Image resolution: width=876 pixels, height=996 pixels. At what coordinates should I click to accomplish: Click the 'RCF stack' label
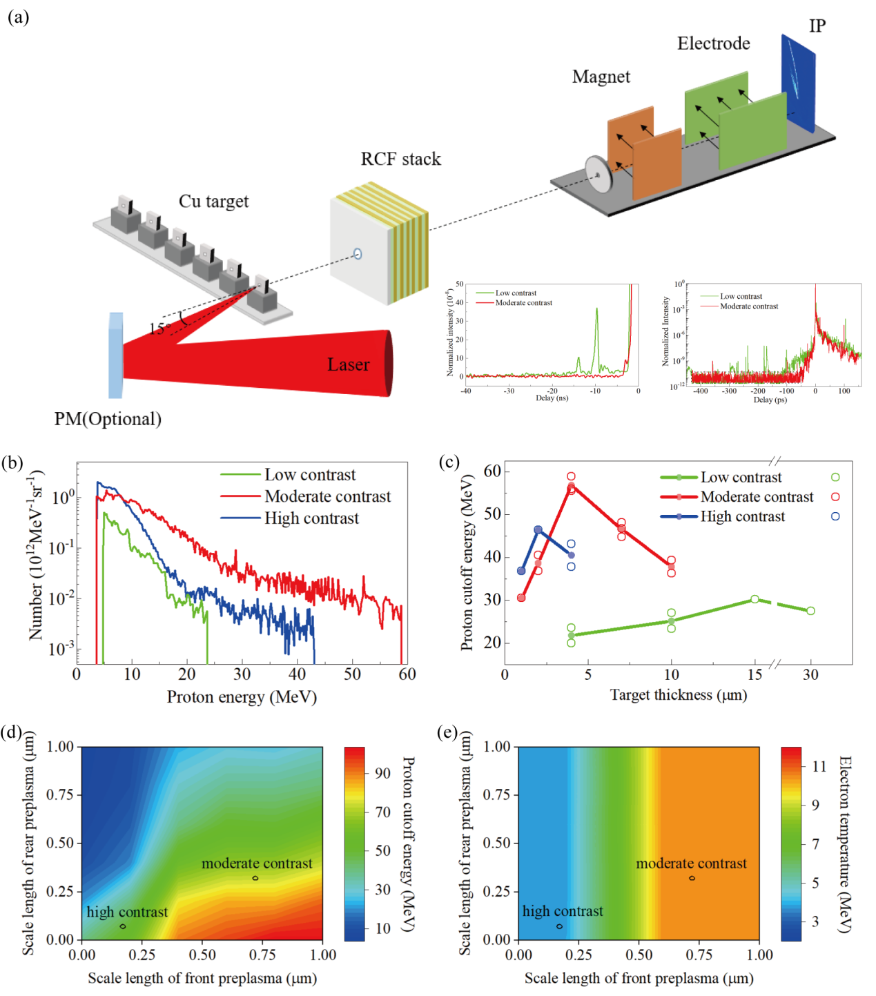tap(400, 159)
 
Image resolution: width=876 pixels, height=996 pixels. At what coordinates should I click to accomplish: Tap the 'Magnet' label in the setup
tap(601, 77)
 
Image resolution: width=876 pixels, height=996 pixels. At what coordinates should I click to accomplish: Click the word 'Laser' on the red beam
tap(348, 364)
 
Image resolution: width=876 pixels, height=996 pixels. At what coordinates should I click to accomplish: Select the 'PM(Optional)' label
tap(108, 419)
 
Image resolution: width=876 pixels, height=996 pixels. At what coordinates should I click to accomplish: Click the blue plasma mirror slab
tap(115, 355)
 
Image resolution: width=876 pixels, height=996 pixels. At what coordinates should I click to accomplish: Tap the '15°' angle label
tap(159, 329)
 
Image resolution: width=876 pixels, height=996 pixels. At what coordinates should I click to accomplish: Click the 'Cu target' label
tap(213, 202)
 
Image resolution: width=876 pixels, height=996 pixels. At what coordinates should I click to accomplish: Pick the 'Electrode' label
tap(713, 43)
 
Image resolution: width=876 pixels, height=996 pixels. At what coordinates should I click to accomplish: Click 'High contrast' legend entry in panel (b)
tap(311, 518)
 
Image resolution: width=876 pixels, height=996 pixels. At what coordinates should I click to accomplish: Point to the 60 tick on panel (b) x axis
tap(407, 674)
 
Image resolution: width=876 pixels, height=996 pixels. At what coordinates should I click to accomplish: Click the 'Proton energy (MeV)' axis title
tap(242, 697)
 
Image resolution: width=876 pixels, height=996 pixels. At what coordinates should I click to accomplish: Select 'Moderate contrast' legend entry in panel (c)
tap(757, 497)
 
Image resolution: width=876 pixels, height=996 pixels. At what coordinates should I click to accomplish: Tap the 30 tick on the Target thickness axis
tap(810, 674)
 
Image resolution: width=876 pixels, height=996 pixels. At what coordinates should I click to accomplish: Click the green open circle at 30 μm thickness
tap(810, 611)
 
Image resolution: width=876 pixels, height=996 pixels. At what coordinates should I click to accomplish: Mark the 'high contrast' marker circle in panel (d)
tap(123, 926)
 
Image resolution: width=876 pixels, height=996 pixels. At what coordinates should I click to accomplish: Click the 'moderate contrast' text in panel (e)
tap(691, 863)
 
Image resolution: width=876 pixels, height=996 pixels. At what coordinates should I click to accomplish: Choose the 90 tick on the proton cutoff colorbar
tap(382, 773)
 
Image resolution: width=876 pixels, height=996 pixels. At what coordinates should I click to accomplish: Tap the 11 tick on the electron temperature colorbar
tap(819, 766)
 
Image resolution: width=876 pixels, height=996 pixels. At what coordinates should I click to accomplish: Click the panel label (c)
tap(449, 462)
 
